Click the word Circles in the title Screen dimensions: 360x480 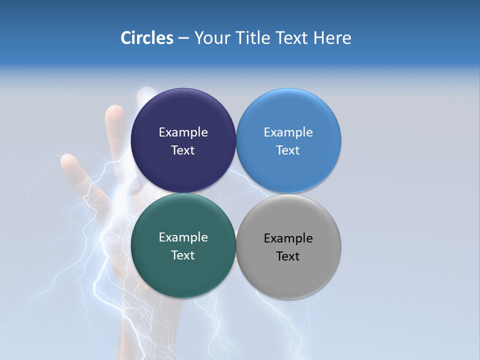pyautogui.click(x=146, y=38)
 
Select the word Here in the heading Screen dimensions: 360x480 pyautogui.click(x=332, y=38)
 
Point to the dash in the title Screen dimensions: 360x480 pyautogui.click(x=183, y=38)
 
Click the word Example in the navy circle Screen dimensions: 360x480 pyautogui.click(x=183, y=132)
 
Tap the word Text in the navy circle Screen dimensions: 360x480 pyautogui.click(x=183, y=150)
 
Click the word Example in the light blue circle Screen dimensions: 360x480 pyautogui.click(x=288, y=132)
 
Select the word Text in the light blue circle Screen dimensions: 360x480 pyautogui.click(x=288, y=150)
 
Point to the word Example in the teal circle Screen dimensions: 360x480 pyautogui.click(x=183, y=237)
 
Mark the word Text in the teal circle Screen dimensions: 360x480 pyautogui.click(x=183, y=255)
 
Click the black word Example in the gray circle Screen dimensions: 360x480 pyautogui.click(x=288, y=238)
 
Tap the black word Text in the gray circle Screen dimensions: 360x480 pyautogui.click(x=288, y=256)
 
